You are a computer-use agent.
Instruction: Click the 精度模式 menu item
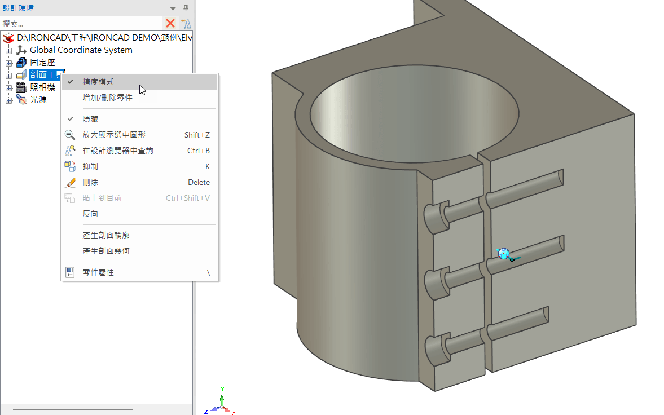(x=98, y=82)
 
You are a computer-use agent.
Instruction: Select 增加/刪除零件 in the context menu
(x=107, y=98)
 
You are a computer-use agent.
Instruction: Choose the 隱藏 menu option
(x=90, y=120)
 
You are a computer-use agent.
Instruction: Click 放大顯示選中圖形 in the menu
(x=114, y=135)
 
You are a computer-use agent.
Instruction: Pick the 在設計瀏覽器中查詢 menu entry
(x=118, y=151)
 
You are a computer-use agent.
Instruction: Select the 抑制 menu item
(x=90, y=167)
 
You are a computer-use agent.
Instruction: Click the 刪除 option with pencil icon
(x=90, y=183)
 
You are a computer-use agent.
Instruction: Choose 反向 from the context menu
(x=90, y=214)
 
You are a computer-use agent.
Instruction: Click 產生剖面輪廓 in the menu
(x=106, y=235)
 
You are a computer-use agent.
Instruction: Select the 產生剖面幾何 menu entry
(x=106, y=251)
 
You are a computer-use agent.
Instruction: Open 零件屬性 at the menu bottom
(x=98, y=272)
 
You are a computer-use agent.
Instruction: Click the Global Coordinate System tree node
(x=81, y=50)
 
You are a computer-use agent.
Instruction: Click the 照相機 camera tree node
(x=42, y=87)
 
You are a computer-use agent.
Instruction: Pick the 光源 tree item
(x=38, y=100)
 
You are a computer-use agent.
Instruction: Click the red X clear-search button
(x=170, y=24)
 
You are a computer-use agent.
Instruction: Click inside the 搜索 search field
(x=79, y=24)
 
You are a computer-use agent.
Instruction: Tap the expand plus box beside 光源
(x=8, y=100)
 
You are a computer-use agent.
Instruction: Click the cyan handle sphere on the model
(x=504, y=254)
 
